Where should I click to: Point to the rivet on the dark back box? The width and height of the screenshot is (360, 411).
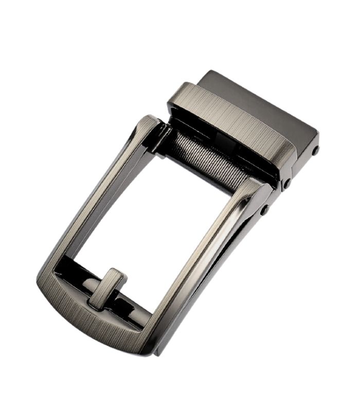pos(315,151)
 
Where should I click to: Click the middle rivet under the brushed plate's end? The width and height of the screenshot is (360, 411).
pos(287,183)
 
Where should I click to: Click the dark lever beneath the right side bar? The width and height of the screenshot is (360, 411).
pos(226,288)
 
